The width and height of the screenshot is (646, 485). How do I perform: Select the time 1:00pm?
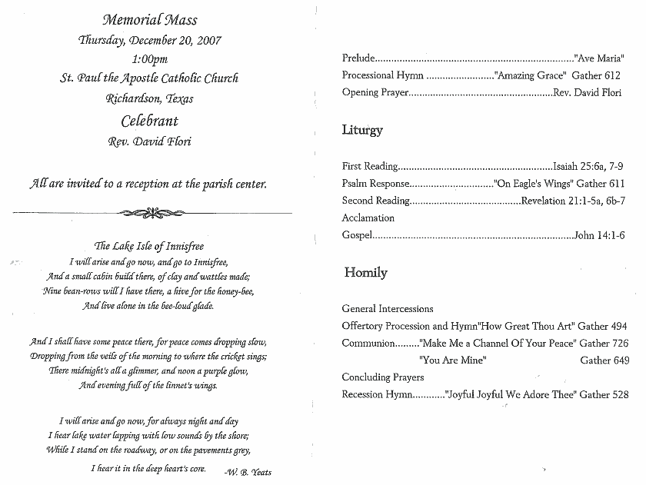(150, 59)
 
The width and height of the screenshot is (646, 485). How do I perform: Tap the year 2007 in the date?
(208, 40)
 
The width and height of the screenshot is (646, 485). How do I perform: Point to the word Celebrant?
(149, 121)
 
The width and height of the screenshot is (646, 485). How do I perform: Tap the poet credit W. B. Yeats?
(248, 471)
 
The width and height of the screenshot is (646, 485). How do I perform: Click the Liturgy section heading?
(362, 130)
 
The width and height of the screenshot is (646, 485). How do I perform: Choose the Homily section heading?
(365, 273)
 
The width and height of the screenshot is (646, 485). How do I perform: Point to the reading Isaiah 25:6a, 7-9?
(588, 166)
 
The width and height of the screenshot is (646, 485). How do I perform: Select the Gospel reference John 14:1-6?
(599, 235)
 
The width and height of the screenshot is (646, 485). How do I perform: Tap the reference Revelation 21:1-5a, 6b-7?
(573, 201)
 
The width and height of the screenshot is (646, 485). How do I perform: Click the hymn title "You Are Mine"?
(453, 360)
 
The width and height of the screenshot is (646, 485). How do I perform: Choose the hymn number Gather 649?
(606, 360)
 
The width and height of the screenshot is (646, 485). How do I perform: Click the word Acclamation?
(368, 218)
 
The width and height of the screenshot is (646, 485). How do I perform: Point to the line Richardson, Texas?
(149, 98)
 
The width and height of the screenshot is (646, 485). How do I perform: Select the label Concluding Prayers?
(383, 377)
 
